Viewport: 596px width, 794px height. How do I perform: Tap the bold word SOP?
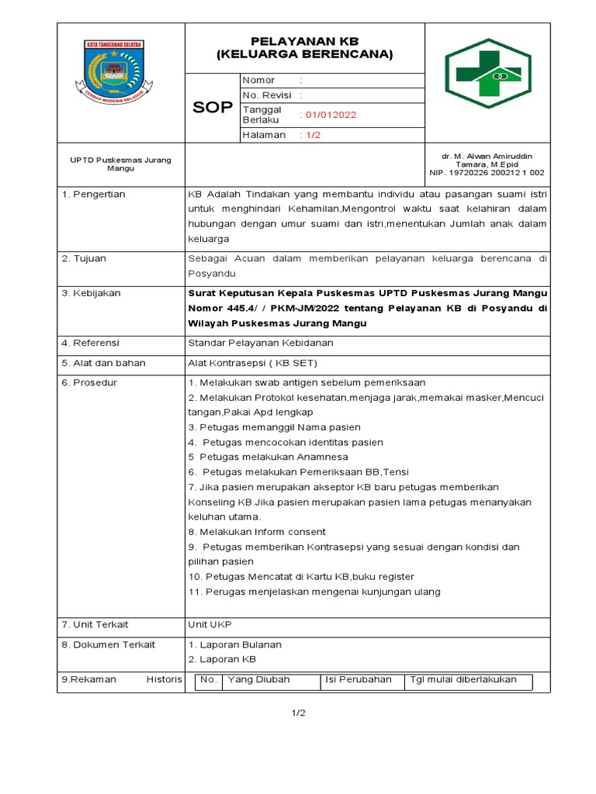[212, 108]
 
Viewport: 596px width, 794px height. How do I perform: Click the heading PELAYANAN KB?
[304, 40]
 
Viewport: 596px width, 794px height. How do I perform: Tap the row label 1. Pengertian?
[93, 194]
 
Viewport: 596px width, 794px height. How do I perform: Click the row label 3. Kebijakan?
[92, 293]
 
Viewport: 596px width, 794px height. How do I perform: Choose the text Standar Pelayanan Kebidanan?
[260, 342]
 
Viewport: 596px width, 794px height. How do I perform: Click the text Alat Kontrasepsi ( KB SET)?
[253, 362]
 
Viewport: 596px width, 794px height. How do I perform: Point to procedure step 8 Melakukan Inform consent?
[257, 532]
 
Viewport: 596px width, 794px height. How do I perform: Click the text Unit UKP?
[210, 624]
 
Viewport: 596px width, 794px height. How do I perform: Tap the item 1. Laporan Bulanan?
[234, 644]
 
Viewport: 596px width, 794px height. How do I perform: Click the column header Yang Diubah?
[258, 679]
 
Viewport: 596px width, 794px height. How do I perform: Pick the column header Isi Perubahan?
[359, 679]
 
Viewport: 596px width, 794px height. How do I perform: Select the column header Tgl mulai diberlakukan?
[463, 679]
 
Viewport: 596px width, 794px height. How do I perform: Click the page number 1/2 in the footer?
[299, 713]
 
